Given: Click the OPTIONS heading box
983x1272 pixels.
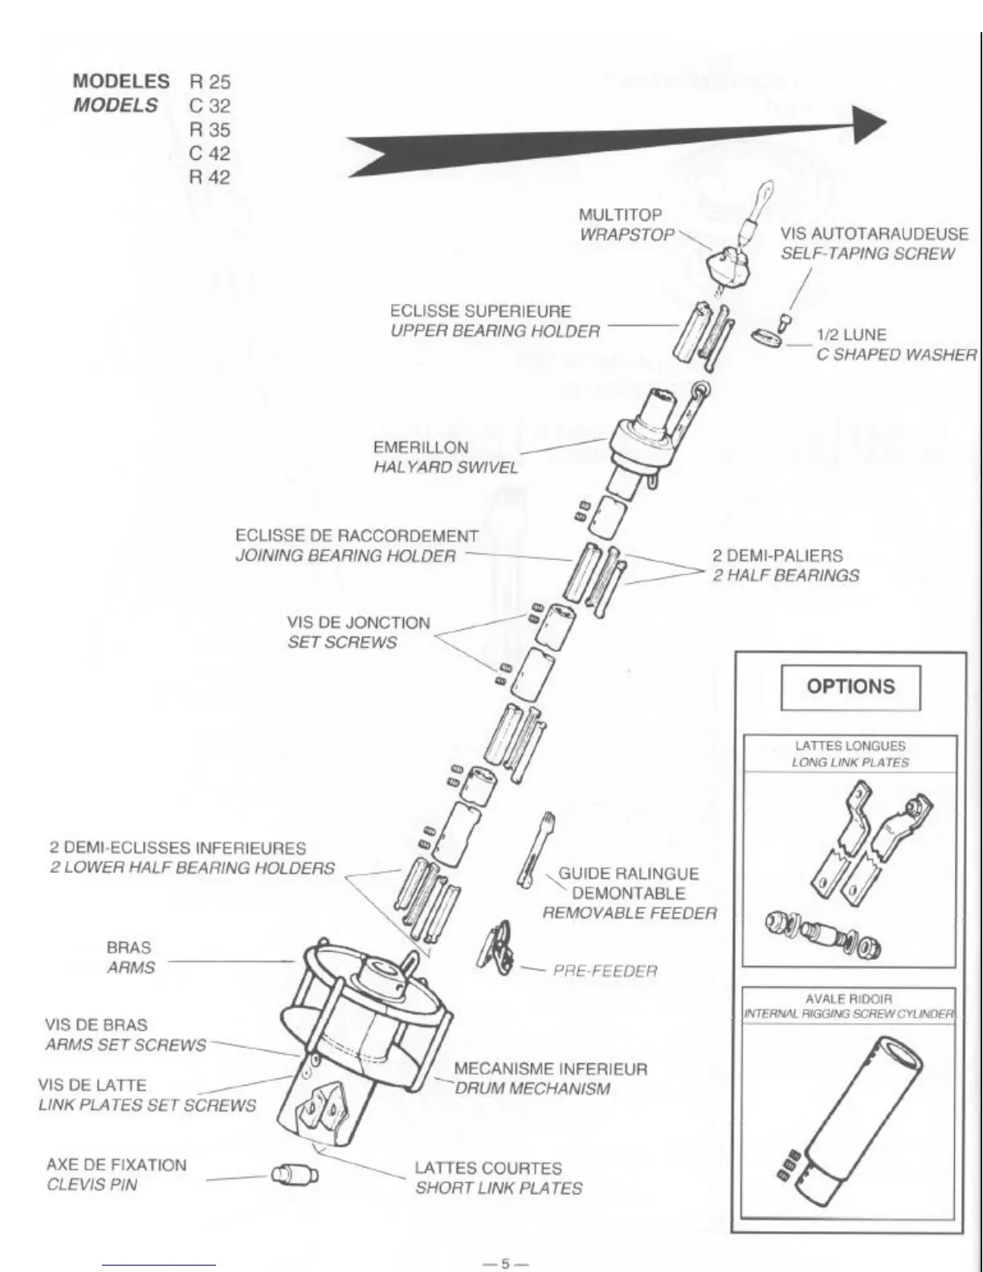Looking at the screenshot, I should tap(850, 687).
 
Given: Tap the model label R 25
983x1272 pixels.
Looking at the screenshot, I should tap(210, 82).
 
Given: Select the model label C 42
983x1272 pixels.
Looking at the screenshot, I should tap(210, 153).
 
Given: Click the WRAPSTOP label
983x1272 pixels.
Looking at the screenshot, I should tap(626, 234).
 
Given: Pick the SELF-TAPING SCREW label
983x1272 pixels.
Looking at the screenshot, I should tap(867, 254).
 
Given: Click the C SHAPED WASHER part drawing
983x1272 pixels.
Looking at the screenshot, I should tap(767, 338).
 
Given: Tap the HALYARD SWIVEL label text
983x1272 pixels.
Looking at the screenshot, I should tap(446, 467).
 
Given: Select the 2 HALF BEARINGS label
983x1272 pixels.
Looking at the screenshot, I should tap(785, 575).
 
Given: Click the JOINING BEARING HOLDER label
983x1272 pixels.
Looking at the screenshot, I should tap(345, 556).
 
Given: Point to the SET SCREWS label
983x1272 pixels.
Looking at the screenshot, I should tap(342, 642).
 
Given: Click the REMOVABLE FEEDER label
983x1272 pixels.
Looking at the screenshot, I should tap(629, 912).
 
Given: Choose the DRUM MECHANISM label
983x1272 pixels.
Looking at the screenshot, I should tap(532, 1089).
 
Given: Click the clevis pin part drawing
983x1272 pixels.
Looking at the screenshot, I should tap(294, 1175).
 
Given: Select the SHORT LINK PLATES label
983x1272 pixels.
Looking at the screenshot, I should tap(498, 1188).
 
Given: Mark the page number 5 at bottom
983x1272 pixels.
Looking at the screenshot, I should tap(505, 1262).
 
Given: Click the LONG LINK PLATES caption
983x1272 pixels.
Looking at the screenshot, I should tap(850, 762).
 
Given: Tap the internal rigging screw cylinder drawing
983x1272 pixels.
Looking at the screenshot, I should tap(850, 1116).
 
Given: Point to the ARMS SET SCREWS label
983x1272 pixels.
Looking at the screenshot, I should tap(125, 1045).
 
